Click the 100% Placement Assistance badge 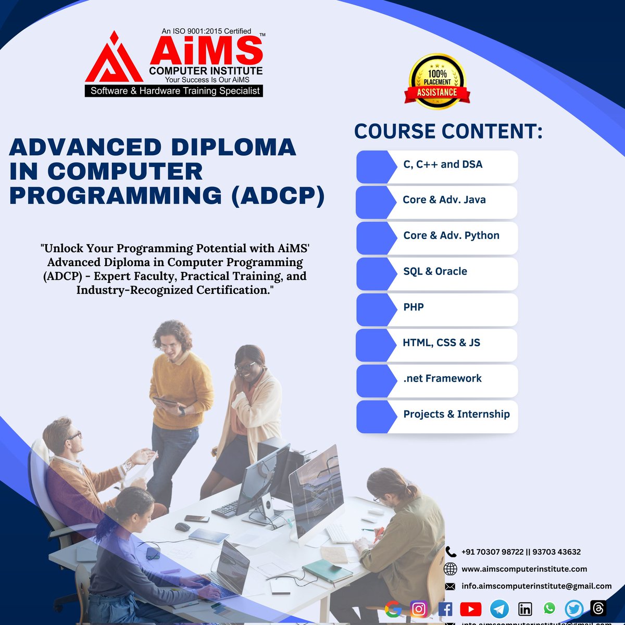pos(437,82)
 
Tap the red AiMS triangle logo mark pos(114,58)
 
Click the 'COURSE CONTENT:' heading pos(448,132)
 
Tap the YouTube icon pos(471,608)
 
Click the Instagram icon pos(419,608)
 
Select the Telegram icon pos(499,609)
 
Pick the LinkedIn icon pos(525,608)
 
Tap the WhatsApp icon pos(549,608)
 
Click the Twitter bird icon pos(574,608)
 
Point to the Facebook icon pos(445,608)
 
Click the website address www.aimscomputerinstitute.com pos(524,569)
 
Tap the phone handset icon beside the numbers pos(451,552)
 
